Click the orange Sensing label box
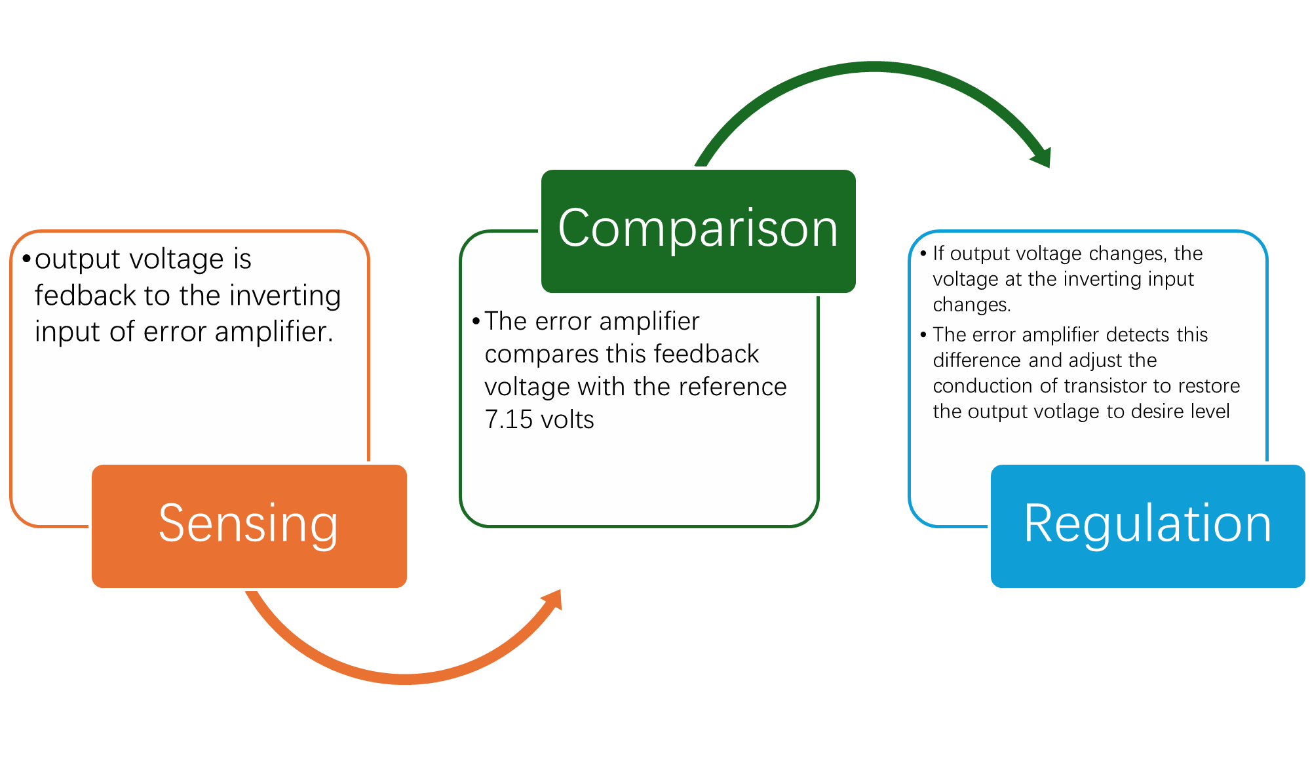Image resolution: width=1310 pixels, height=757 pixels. point(249,526)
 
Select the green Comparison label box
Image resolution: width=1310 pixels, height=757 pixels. point(699,231)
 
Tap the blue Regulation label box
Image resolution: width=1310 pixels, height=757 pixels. point(1148,526)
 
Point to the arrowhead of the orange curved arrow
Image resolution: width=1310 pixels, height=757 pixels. point(552,599)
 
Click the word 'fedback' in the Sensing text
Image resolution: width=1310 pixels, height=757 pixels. point(85,296)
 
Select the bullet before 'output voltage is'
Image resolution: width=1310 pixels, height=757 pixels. point(26,259)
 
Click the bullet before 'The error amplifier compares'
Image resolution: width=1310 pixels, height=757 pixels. point(476,321)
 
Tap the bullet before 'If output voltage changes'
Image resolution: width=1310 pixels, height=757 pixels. point(923,253)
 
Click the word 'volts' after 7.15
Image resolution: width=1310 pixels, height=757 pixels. point(567,419)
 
